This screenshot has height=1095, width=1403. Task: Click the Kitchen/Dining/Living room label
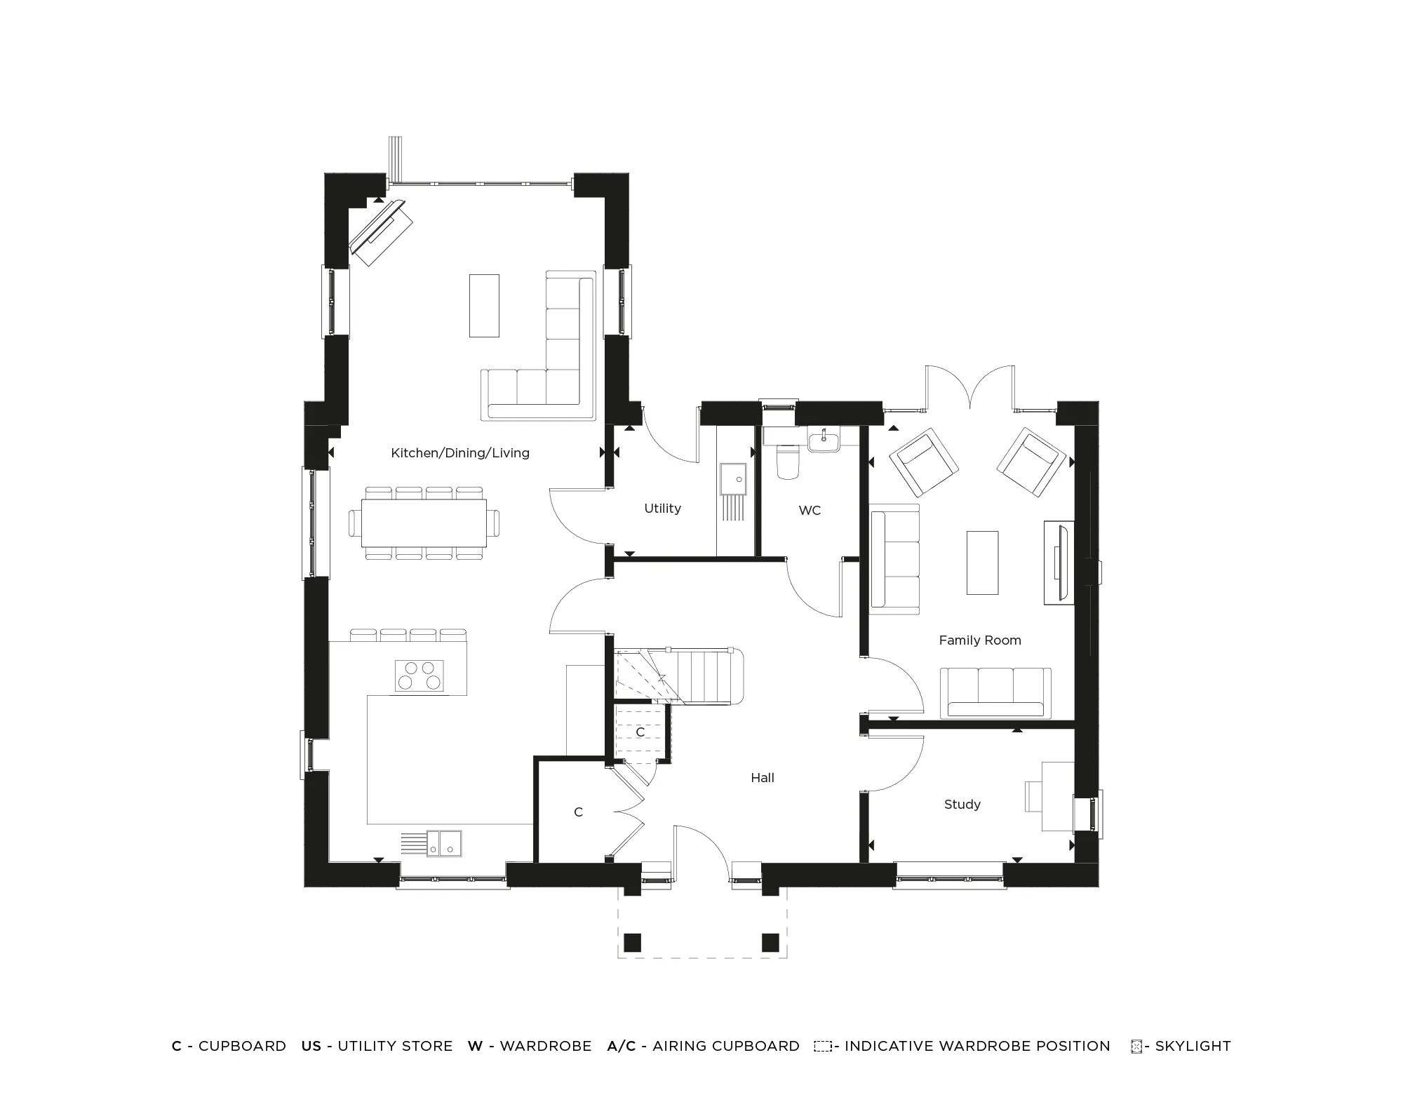pos(460,453)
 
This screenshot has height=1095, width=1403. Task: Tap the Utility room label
pos(662,509)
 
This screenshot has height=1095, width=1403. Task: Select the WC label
pos(810,511)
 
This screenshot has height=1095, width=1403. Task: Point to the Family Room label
pos(979,640)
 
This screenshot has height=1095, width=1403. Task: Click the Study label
pos(962,805)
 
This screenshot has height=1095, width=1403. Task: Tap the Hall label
pos(763,778)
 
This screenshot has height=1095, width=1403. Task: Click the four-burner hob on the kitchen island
pos(419,676)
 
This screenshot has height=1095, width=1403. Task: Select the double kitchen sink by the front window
pos(445,843)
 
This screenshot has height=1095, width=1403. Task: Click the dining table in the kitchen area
pos(424,523)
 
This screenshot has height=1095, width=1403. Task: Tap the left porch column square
pos(632,942)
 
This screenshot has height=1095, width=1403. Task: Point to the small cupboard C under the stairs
pos(640,732)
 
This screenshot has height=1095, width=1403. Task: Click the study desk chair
pos(1033,796)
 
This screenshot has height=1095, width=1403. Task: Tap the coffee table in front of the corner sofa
pos(484,306)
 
